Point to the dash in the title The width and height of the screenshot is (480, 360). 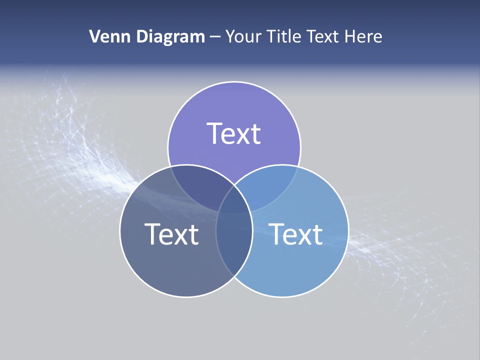pyautogui.click(x=215, y=37)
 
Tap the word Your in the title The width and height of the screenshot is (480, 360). pyautogui.click(x=242, y=36)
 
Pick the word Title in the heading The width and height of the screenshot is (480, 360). pyautogui.click(x=283, y=36)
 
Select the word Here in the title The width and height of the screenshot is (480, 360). pyautogui.click(x=365, y=36)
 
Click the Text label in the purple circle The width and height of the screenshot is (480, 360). pyautogui.click(x=234, y=133)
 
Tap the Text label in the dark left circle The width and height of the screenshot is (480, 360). pyautogui.click(x=171, y=234)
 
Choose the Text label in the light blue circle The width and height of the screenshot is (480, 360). pyautogui.click(x=295, y=234)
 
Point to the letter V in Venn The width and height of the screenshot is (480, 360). pyautogui.click(x=94, y=36)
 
